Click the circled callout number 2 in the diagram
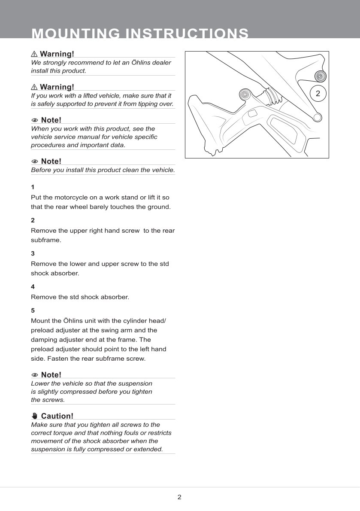(318, 94)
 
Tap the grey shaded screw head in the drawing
(320, 76)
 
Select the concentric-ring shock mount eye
(244, 94)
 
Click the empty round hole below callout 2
(318, 117)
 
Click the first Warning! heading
(57, 54)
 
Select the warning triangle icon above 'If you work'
(34, 87)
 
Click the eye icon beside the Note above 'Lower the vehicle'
(35, 375)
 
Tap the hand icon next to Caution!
(35, 416)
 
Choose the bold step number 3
(33, 253)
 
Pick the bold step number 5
(33, 310)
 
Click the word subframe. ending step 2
(46, 240)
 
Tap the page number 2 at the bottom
(179, 497)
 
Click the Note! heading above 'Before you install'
(51, 161)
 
